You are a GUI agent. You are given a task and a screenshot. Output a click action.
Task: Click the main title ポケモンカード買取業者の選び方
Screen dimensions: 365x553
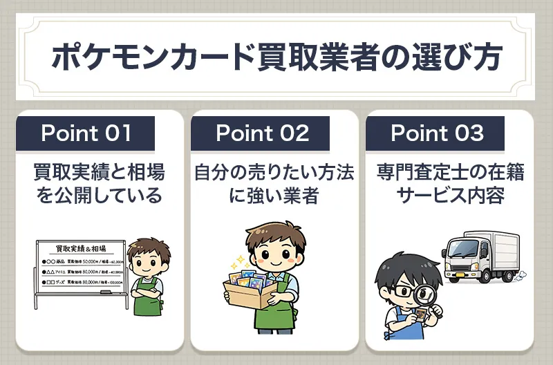point(276,57)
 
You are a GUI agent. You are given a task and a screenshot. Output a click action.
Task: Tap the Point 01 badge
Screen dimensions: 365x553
point(85,133)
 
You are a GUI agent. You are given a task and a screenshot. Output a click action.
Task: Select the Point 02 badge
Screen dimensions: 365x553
point(262,133)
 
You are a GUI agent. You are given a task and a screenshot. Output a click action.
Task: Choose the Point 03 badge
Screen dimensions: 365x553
point(437,133)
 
